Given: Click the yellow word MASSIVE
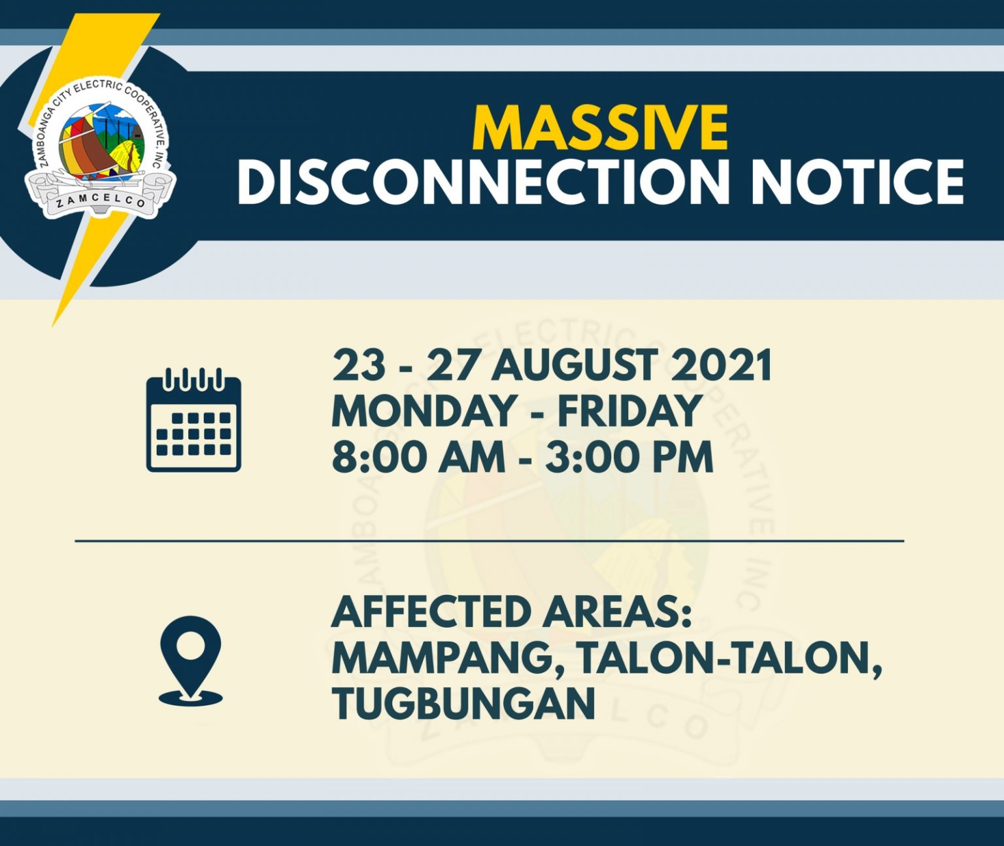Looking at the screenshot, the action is click(x=600, y=128).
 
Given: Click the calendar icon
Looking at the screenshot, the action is click(x=193, y=420).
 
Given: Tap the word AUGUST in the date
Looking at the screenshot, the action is click(x=572, y=365).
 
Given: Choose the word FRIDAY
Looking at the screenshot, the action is click(x=628, y=411).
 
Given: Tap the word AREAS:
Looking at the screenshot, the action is click(x=617, y=613).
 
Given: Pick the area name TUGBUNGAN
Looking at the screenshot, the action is click(x=463, y=705).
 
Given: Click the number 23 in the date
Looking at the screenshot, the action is click(x=359, y=365).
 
